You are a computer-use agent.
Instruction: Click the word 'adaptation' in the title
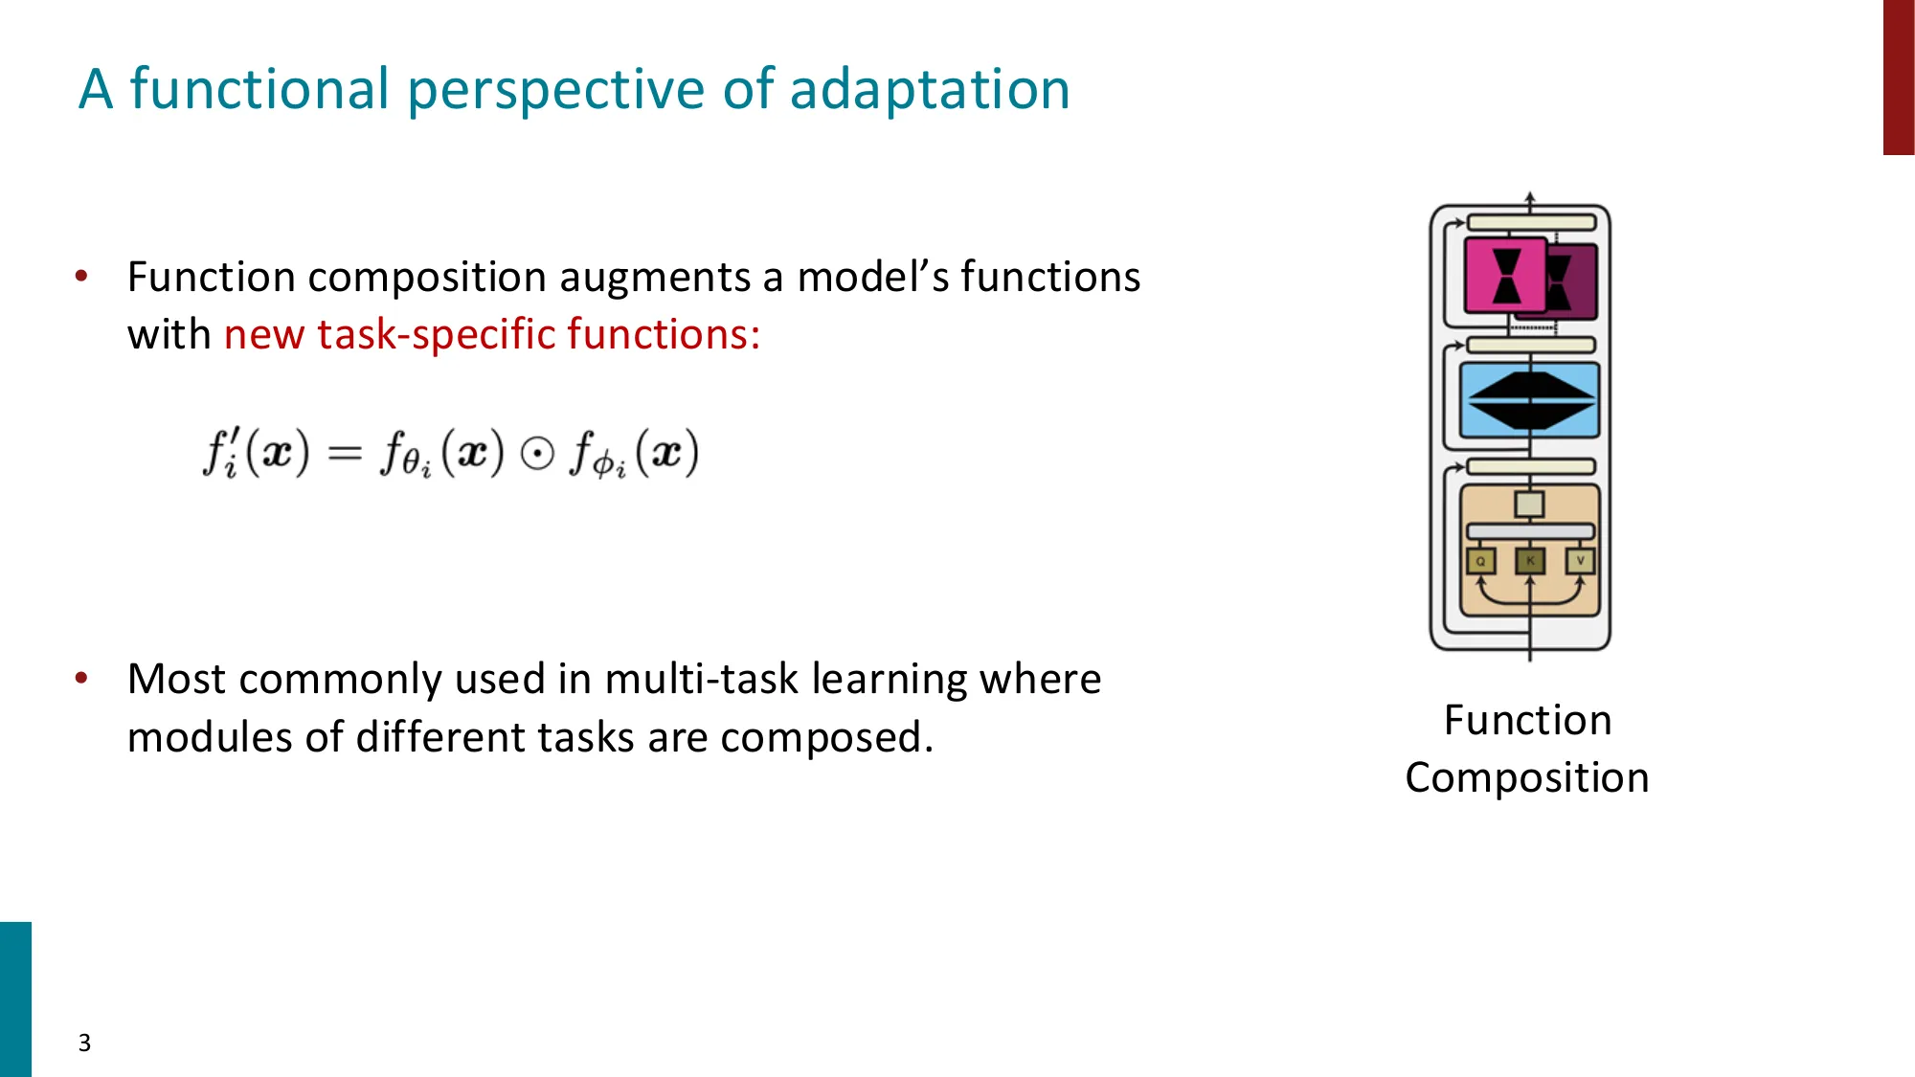pyautogui.click(x=929, y=89)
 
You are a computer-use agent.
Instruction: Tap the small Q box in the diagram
pyautogui.click(x=1480, y=561)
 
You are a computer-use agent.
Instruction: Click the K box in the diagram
pyautogui.click(x=1530, y=561)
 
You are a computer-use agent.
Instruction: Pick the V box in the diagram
pyautogui.click(x=1580, y=561)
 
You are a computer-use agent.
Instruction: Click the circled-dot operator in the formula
pyautogui.click(x=537, y=454)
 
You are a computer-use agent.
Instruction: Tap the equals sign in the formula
pyautogui.click(x=345, y=454)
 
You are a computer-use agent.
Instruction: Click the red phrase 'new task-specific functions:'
pyautogui.click(x=492, y=335)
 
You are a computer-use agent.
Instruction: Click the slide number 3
pyautogui.click(x=84, y=1043)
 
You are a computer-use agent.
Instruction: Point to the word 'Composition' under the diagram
pyautogui.click(x=1527, y=778)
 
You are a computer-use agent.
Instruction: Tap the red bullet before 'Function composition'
pyautogui.click(x=81, y=277)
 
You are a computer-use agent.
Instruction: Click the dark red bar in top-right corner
pyautogui.click(x=1898, y=77)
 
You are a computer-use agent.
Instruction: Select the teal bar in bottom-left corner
pyautogui.click(x=15, y=998)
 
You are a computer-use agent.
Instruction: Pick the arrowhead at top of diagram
pyautogui.click(x=1530, y=197)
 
